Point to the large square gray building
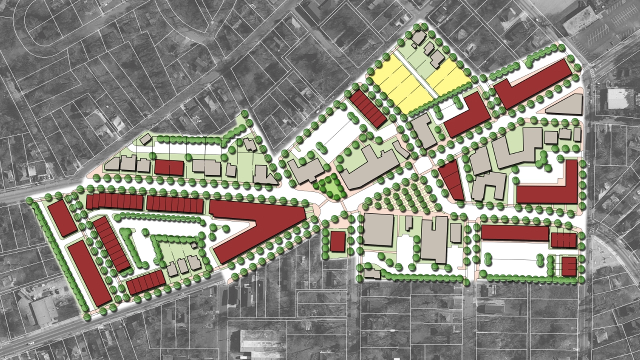pos(377,229)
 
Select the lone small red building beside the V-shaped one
pos(337,241)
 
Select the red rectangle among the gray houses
pos(169,167)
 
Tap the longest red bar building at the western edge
pos(89,272)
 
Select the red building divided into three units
pos(563,240)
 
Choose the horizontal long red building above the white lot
pos(515,232)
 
